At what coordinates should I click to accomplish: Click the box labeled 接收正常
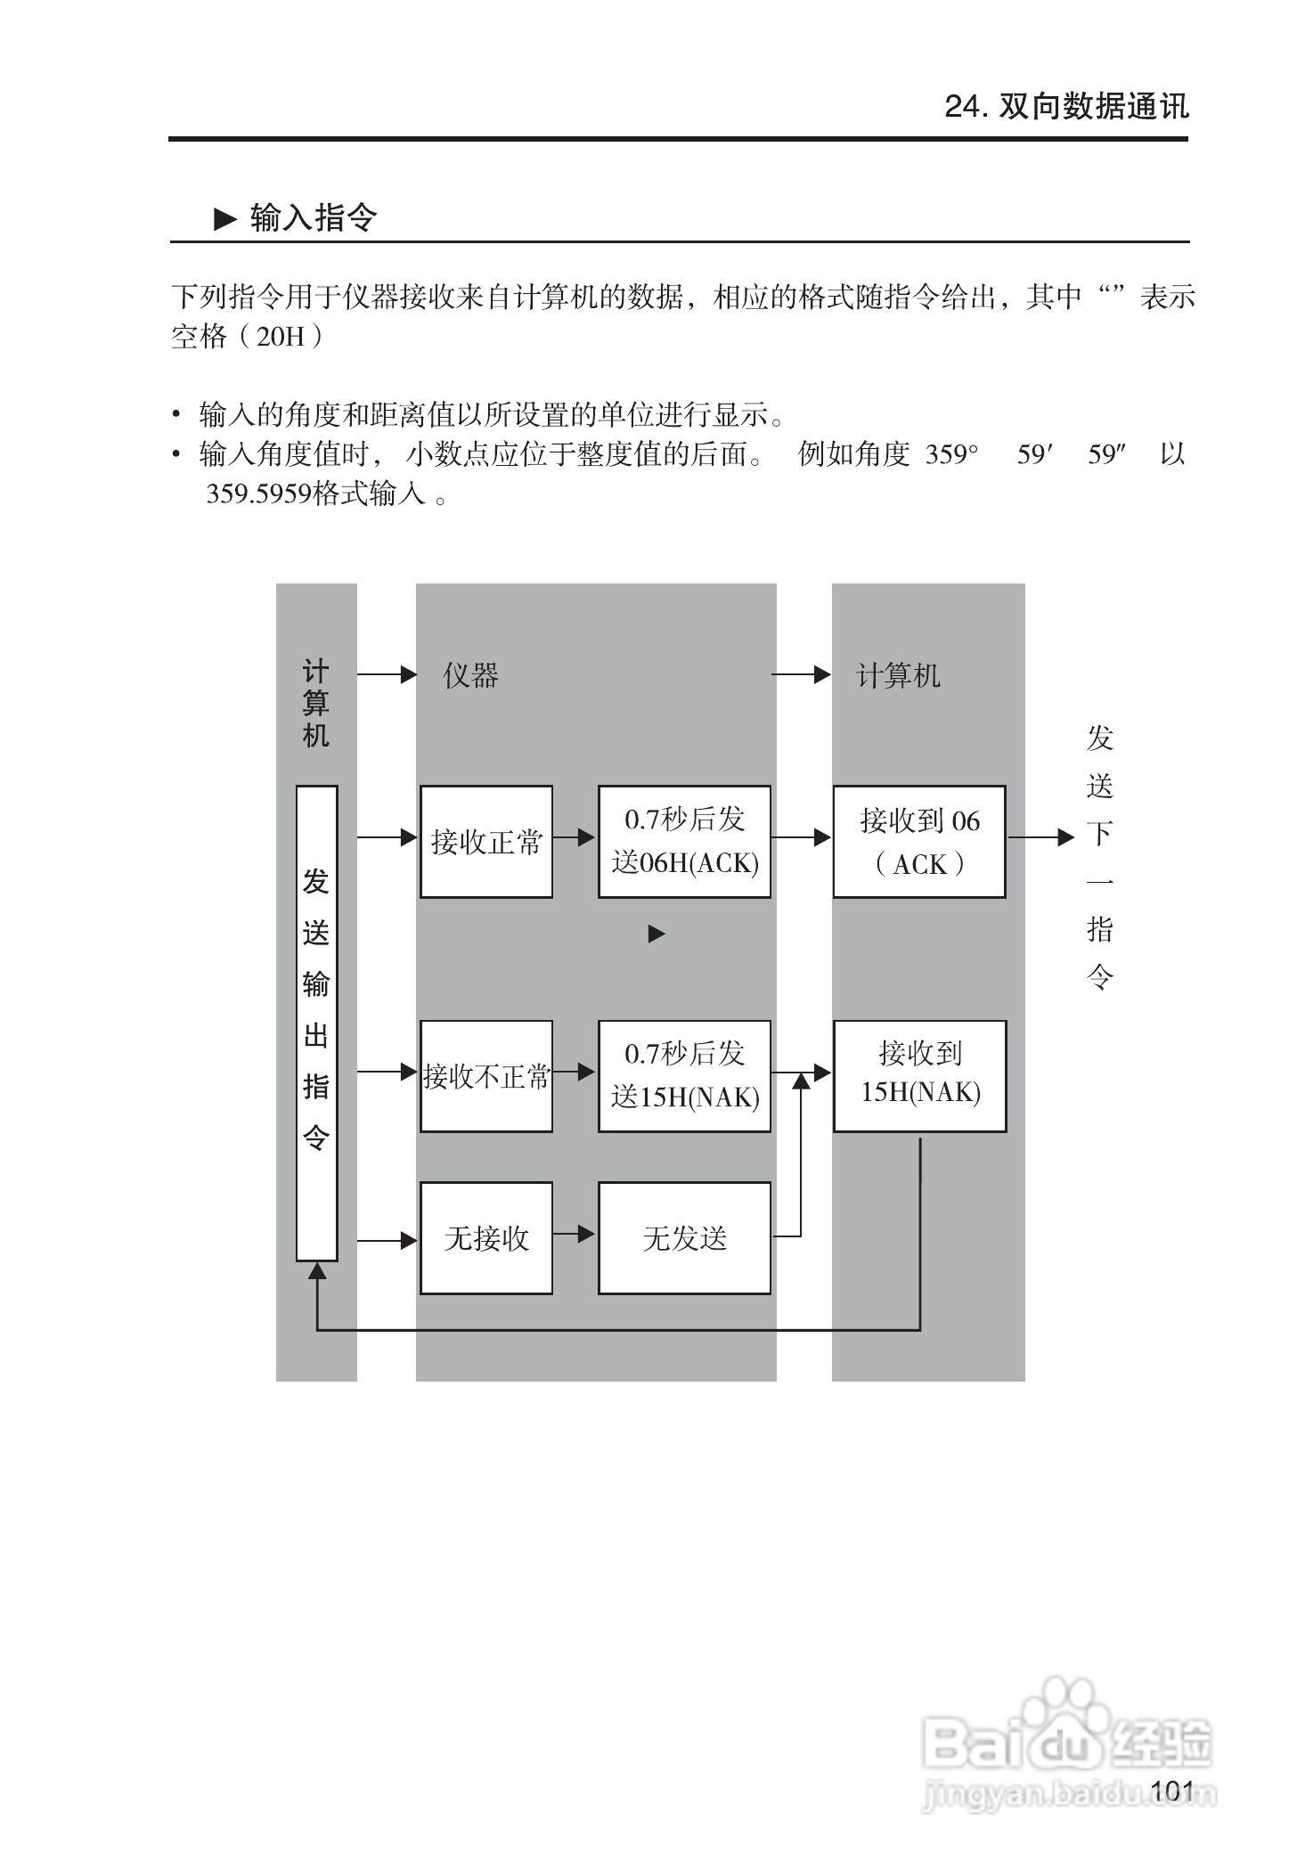click(x=485, y=841)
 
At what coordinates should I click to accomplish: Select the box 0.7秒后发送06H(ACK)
click(x=684, y=841)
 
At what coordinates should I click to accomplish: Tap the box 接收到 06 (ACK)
click(x=919, y=841)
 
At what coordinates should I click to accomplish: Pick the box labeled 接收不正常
click(x=485, y=1076)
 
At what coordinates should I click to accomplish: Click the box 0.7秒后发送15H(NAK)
click(x=684, y=1076)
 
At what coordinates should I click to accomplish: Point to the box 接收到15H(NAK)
click(x=919, y=1076)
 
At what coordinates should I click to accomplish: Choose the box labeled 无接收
click(x=485, y=1237)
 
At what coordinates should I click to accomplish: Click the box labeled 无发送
click(x=684, y=1237)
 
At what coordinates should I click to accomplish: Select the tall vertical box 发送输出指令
click(x=316, y=1023)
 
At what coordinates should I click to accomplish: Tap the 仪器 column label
click(x=470, y=675)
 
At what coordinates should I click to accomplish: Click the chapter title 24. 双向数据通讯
click(x=1066, y=107)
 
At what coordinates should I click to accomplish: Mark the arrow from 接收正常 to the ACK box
click(x=575, y=837)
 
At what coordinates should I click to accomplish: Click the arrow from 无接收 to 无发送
click(x=575, y=1235)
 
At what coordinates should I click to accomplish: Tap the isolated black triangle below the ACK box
click(x=657, y=934)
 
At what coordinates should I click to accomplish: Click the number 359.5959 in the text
click(x=258, y=494)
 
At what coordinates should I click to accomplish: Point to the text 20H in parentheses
click(x=280, y=338)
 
